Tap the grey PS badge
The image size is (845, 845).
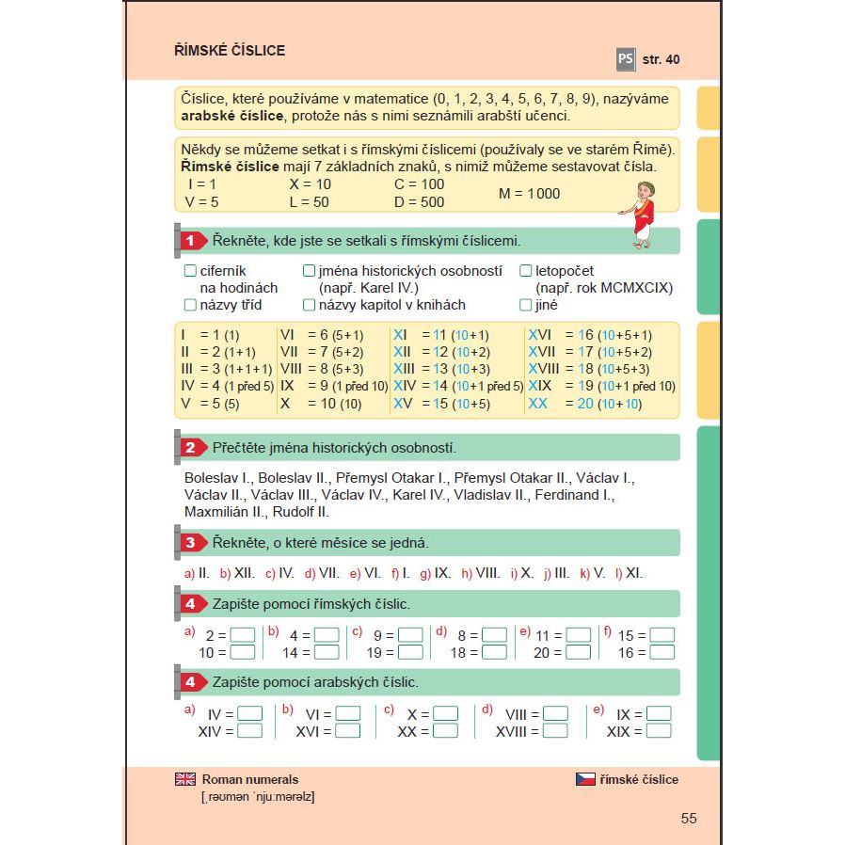(x=626, y=59)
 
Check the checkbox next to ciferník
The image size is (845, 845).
(x=191, y=271)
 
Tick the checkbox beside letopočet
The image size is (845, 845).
(x=526, y=271)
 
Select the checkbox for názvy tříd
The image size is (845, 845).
(x=191, y=305)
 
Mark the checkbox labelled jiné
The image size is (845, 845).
(x=526, y=305)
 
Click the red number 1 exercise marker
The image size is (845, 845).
(x=190, y=241)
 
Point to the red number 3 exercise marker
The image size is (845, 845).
(x=190, y=542)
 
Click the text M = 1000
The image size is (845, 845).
(x=529, y=194)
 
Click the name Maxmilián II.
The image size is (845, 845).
(x=224, y=512)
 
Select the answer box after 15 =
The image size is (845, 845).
(x=662, y=635)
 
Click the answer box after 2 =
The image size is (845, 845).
(x=243, y=635)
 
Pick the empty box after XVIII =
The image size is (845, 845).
(x=556, y=731)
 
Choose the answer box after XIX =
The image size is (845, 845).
(x=659, y=731)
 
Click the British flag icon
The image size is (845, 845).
(x=185, y=779)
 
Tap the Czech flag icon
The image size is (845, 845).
(x=585, y=779)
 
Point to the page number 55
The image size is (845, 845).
(x=689, y=819)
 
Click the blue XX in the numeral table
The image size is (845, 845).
(x=538, y=404)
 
